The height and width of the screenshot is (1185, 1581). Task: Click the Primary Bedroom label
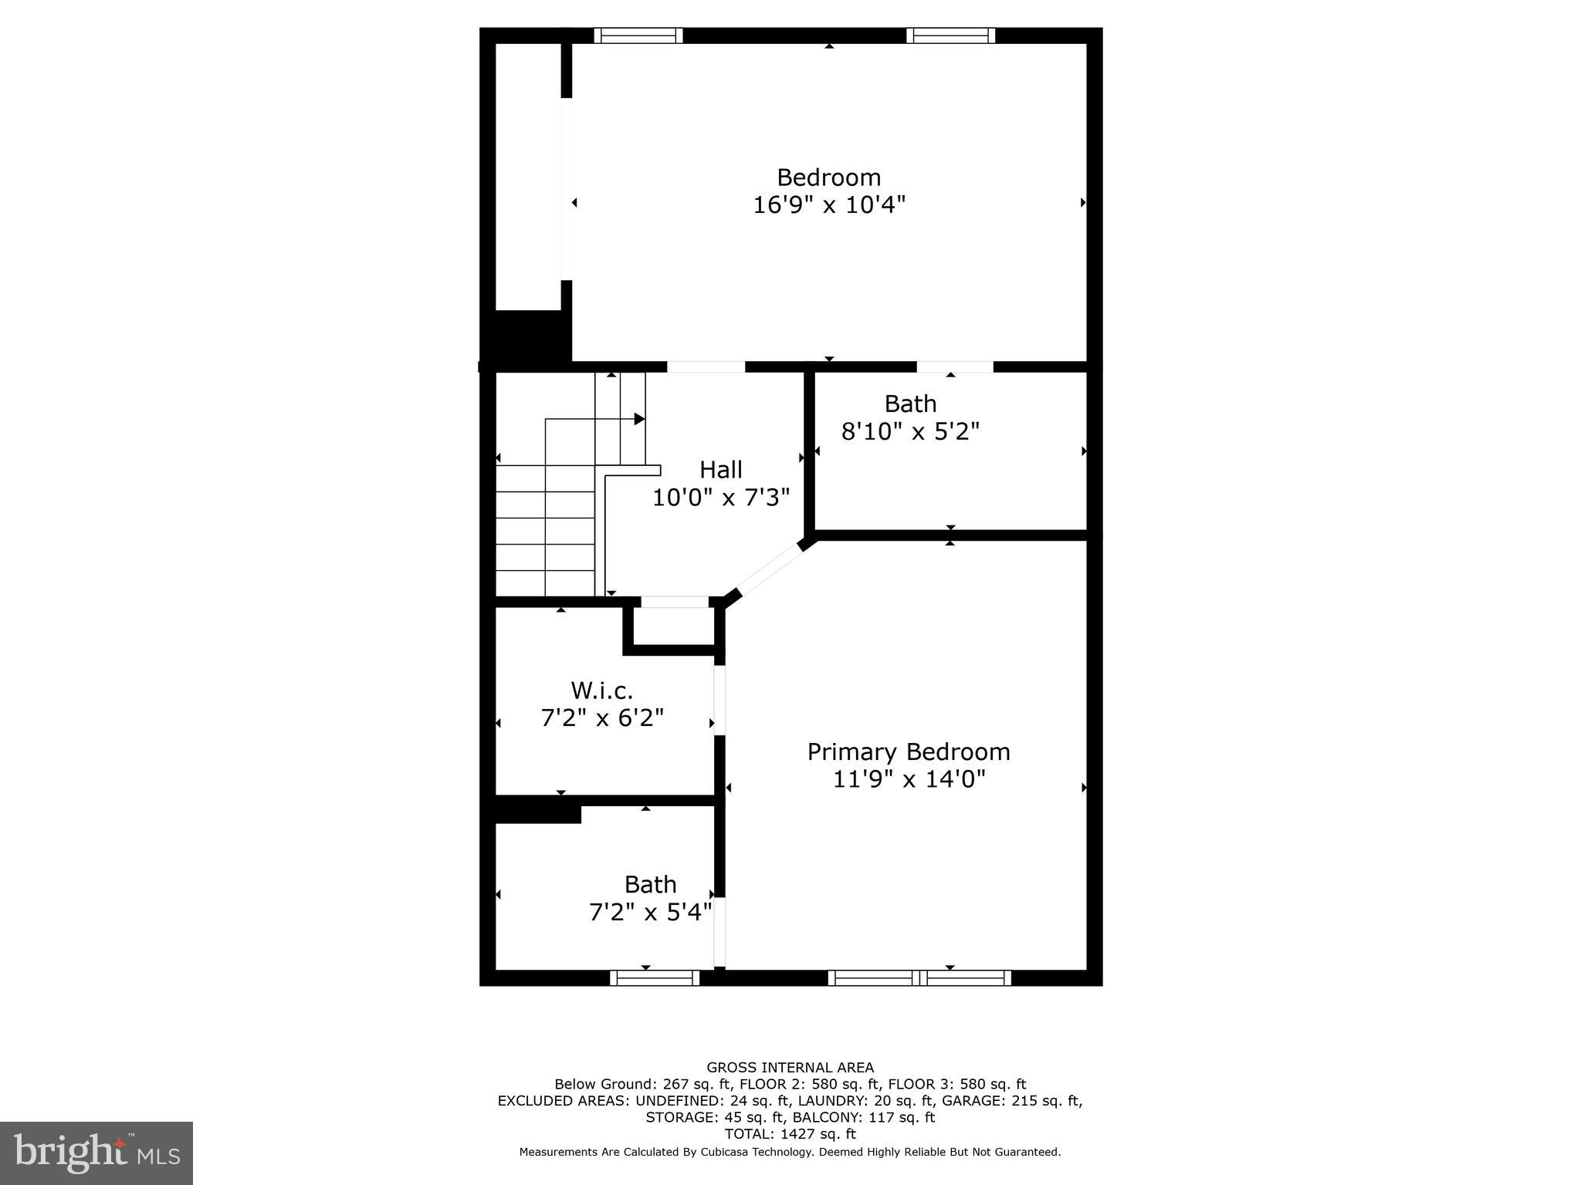[x=908, y=751]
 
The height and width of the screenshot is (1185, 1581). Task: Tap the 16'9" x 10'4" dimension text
[x=828, y=205]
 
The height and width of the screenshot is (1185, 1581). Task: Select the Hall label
[x=720, y=470]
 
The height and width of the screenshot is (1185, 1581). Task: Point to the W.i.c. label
[x=601, y=690]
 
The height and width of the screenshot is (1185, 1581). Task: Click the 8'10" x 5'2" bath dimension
[x=909, y=431]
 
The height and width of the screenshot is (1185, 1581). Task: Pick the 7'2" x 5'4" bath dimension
[x=650, y=913]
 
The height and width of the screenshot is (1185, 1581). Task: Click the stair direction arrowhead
[x=639, y=419]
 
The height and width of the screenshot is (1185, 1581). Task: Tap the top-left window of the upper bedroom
[x=638, y=35]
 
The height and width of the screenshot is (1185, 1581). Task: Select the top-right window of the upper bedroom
[x=950, y=35]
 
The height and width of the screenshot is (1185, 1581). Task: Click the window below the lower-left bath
[x=655, y=978]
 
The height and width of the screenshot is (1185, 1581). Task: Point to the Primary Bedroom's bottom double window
[x=919, y=978]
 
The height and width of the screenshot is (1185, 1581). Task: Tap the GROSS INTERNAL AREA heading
[x=790, y=1068]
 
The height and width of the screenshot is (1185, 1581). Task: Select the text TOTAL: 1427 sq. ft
[x=790, y=1134]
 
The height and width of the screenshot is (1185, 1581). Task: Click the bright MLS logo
[x=96, y=1153]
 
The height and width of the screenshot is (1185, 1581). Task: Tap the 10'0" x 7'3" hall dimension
[x=720, y=498]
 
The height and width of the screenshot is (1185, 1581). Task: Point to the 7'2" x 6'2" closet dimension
[x=601, y=718]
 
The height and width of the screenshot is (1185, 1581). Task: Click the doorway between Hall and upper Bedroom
[x=706, y=367]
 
